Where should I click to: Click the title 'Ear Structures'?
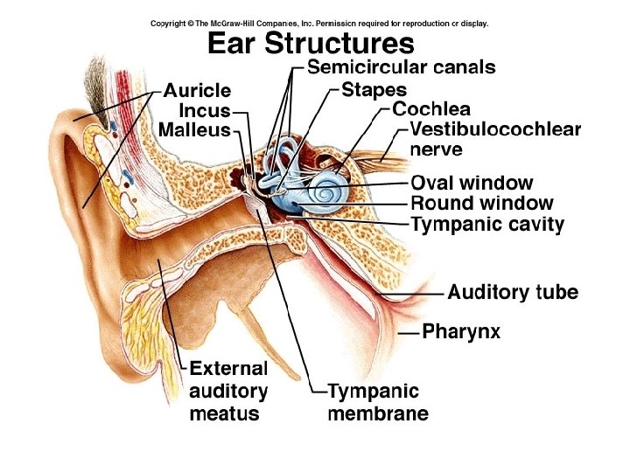click(309, 43)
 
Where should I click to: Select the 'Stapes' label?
click(374, 89)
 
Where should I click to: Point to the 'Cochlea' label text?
click(431, 109)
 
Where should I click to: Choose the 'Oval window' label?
click(471, 183)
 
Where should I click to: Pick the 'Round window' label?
click(481, 204)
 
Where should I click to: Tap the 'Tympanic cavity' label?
click(487, 225)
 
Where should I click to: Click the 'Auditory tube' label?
click(513, 292)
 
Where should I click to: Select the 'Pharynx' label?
click(461, 331)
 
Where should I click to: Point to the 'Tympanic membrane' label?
click(378, 402)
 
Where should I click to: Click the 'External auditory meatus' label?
click(228, 390)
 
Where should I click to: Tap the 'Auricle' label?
click(197, 91)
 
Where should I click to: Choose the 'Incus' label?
click(205, 111)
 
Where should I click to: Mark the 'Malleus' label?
click(194, 130)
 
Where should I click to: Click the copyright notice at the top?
click(319, 24)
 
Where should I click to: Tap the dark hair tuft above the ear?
click(93, 87)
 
